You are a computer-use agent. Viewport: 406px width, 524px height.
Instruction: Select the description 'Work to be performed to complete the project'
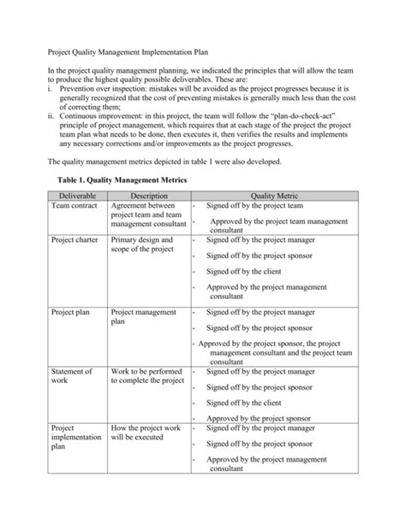[147, 378]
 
